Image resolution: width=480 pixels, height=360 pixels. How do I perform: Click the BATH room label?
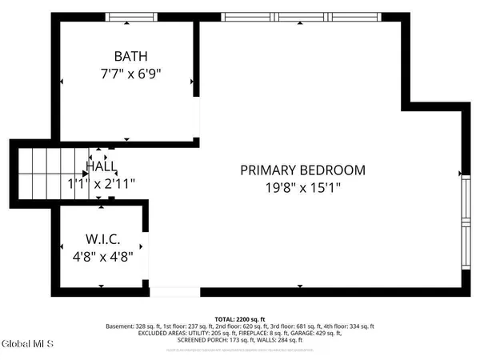130,56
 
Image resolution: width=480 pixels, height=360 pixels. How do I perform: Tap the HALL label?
102,167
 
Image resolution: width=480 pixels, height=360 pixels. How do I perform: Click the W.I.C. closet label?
103,239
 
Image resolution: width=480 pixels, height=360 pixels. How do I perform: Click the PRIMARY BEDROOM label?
302,170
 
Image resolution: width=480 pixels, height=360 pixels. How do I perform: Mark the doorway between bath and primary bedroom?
198,120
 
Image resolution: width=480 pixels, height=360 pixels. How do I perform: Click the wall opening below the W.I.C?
174,292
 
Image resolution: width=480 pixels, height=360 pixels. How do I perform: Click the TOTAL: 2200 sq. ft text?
239,318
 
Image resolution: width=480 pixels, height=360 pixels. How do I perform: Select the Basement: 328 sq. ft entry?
133,326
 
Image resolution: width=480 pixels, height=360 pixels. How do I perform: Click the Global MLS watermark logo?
27,344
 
